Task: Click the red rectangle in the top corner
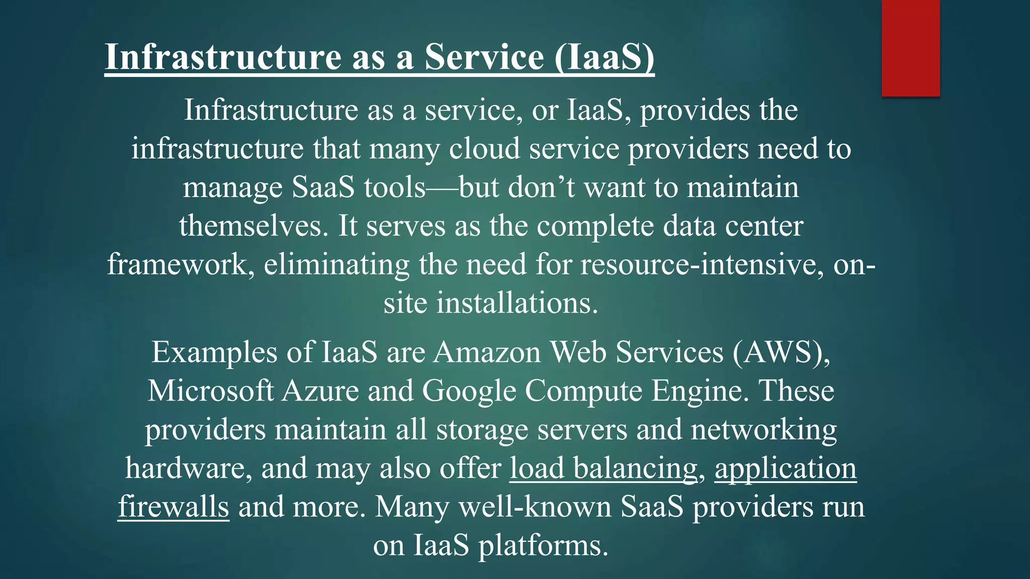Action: tap(910, 48)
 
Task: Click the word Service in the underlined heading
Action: tap(484, 57)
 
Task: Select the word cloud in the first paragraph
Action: tap(484, 149)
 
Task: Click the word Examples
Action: tap(214, 352)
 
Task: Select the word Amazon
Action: tap(487, 352)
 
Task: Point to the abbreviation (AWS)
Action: tap(781, 352)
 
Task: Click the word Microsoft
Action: tap(211, 391)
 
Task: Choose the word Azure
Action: tap(320, 391)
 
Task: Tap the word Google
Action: tap(469, 391)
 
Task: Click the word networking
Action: tap(763, 430)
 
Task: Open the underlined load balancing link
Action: tap(604, 468)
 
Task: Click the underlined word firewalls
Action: tap(174, 507)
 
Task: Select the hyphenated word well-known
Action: tap(534, 507)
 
